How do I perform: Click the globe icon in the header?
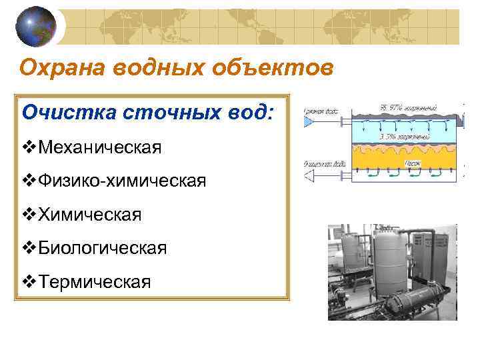[x=36, y=26]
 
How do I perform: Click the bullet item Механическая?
[x=99, y=146]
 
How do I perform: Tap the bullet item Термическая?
[x=95, y=282]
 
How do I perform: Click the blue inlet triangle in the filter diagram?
[x=309, y=123]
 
